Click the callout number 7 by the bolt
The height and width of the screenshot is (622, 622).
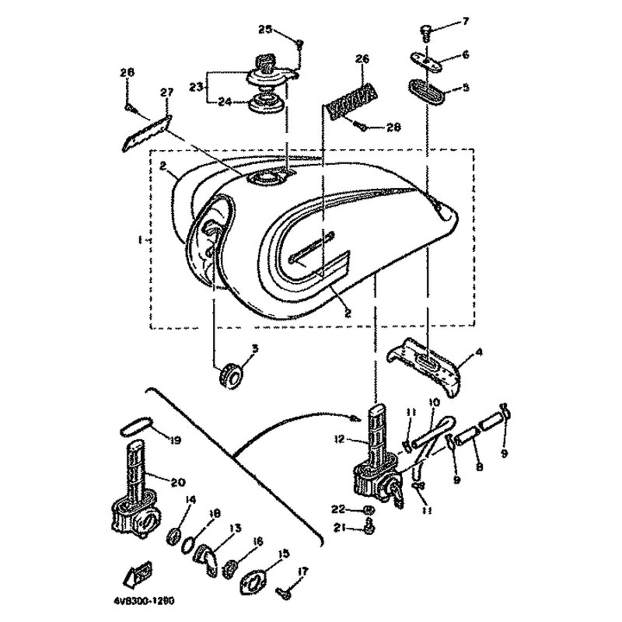[x=466, y=21]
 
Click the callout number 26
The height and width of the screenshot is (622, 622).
[x=362, y=58]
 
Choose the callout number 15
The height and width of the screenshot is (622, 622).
[x=284, y=554]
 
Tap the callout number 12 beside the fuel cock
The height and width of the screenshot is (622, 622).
[x=340, y=439]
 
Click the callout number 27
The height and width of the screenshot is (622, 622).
[x=165, y=92]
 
